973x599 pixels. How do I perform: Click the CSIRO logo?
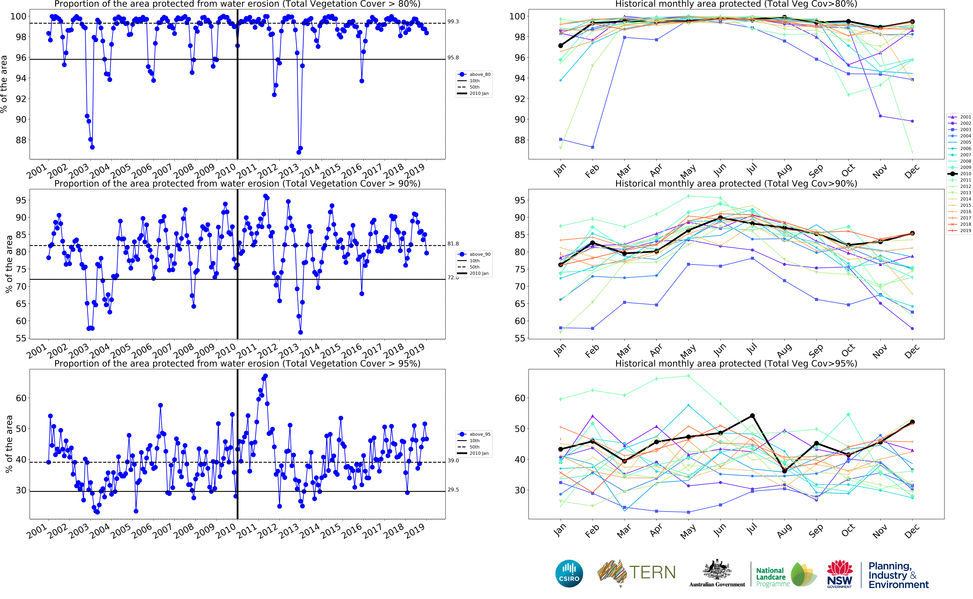tap(569, 573)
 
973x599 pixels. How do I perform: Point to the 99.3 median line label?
tap(453, 21)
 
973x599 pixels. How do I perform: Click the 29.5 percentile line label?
tap(453, 490)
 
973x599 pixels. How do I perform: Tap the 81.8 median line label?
tap(453, 244)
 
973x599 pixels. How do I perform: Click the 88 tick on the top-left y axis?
tap(21, 140)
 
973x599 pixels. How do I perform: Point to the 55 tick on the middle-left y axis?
tap(21, 338)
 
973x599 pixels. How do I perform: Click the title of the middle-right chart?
tap(736, 183)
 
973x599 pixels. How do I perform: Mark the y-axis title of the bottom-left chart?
tap(9, 444)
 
